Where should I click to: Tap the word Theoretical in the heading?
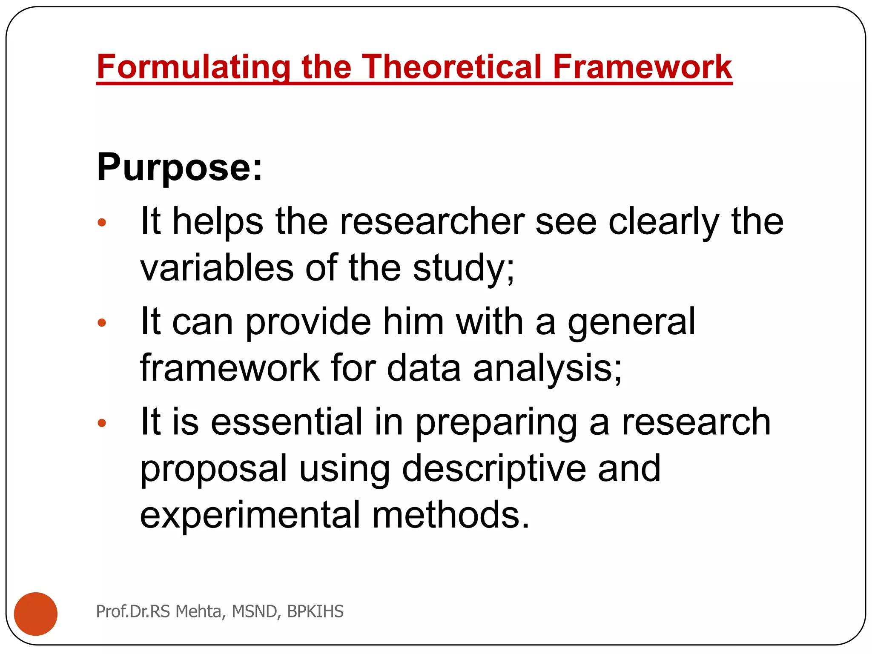[451, 67]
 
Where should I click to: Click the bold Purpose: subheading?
[180, 167]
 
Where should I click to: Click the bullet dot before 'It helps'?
[102, 222]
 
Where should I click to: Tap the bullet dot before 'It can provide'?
[102, 323]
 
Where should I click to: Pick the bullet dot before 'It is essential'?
[102, 423]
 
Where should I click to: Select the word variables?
[217, 268]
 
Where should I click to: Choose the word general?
[631, 323]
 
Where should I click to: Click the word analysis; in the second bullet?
[548, 369]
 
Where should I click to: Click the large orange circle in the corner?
[36, 614]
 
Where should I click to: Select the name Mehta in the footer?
[198, 611]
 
